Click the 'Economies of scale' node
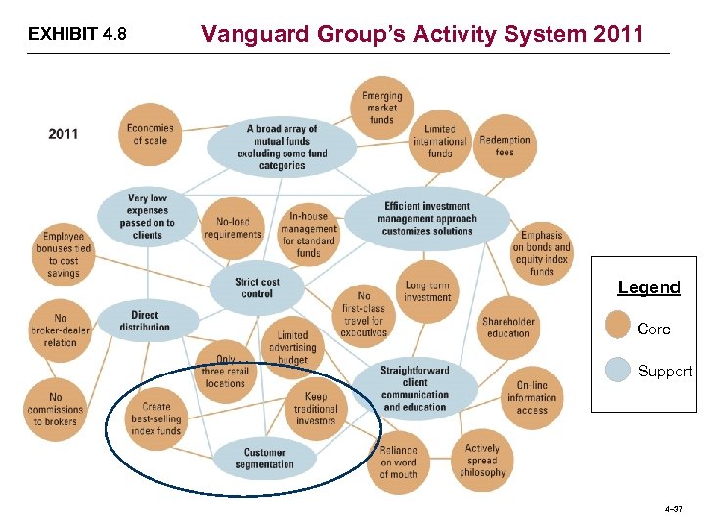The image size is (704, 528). [x=151, y=134]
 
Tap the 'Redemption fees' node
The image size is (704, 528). [x=505, y=146]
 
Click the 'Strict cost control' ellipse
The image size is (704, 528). [x=257, y=287]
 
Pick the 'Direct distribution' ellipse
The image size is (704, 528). [x=146, y=321]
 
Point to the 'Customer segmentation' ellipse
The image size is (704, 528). [x=264, y=458]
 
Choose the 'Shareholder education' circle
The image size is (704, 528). [x=507, y=327]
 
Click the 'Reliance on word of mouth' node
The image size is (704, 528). [x=398, y=462]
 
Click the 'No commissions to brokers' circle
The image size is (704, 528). [x=55, y=410]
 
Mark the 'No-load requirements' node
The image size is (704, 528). [x=233, y=228]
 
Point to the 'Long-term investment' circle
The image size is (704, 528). [x=427, y=290]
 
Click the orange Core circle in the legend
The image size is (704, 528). [x=618, y=327]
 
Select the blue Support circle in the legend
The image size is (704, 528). [x=618, y=371]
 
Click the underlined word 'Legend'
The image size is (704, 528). [x=648, y=287]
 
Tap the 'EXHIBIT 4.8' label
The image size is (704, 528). [x=77, y=35]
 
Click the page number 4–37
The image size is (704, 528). [x=673, y=508]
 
